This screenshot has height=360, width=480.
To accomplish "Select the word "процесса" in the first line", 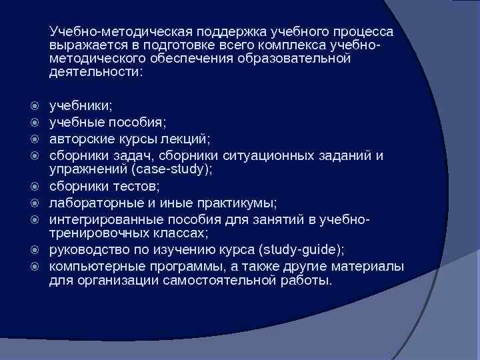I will (x=364, y=32).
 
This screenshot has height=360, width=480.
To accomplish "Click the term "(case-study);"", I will (x=175, y=169).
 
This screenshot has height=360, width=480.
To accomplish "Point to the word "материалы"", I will (x=369, y=267).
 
